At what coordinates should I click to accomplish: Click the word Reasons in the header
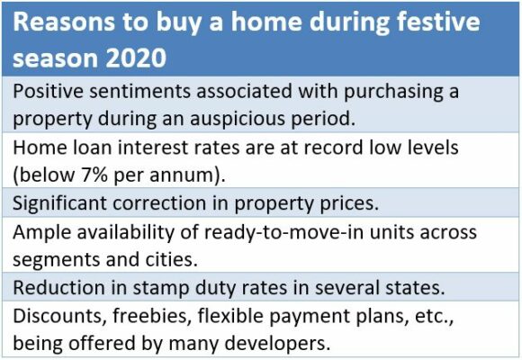pyautogui.click(x=64, y=22)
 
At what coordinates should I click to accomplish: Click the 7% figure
pyautogui.click(x=94, y=175)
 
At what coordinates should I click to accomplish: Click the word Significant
pyautogui.click(x=59, y=202)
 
